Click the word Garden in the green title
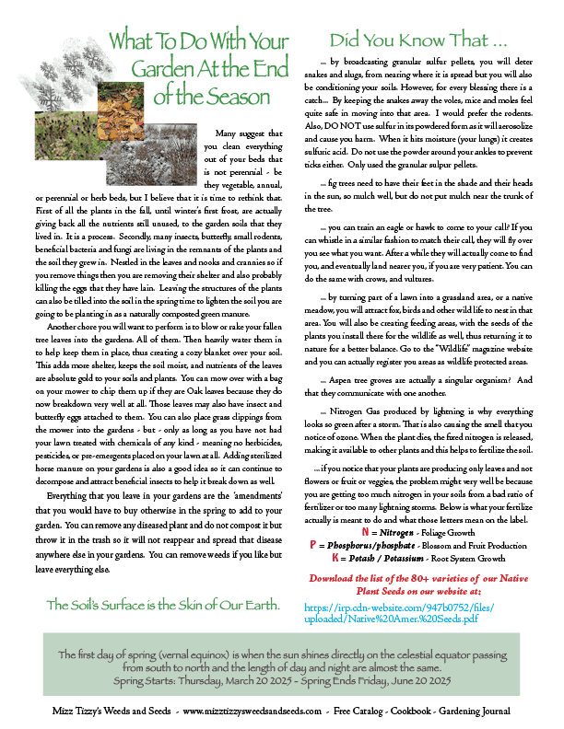coord(166,68)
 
